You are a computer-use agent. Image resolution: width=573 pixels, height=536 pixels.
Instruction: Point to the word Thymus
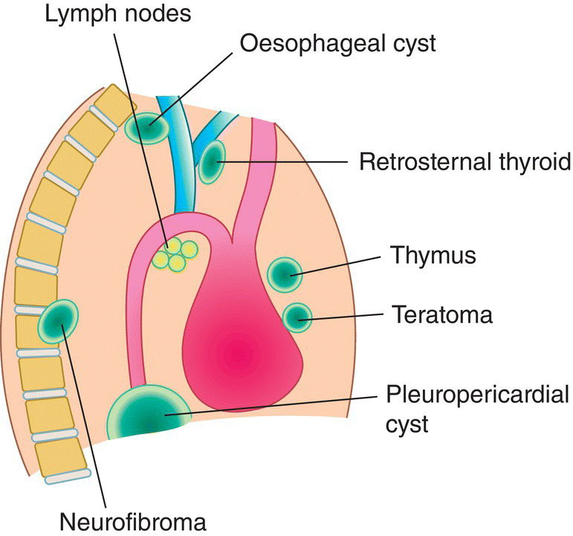(x=433, y=256)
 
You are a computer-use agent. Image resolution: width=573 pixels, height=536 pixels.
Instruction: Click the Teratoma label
(x=441, y=314)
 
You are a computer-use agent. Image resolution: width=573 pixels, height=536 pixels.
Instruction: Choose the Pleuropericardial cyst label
(x=478, y=407)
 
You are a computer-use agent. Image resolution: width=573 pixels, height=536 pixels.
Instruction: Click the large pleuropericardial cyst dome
(x=146, y=413)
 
